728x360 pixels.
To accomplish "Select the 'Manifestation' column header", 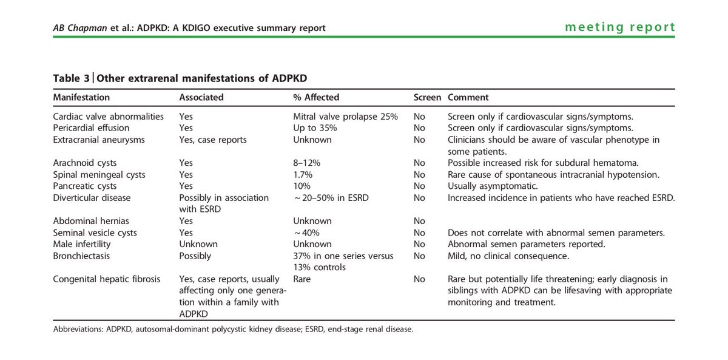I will click(x=81, y=97).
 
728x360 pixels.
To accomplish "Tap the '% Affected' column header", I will click(x=316, y=97).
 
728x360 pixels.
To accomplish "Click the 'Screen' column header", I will click(x=427, y=97).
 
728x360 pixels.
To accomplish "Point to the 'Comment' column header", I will click(x=468, y=97).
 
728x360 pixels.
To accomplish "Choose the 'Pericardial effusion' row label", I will click(x=91, y=128).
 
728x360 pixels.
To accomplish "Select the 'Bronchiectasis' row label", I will click(x=81, y=256).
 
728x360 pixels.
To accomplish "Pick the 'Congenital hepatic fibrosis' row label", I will click(x=106, y=279).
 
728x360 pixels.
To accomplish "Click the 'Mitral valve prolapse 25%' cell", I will click(x=345, y=117).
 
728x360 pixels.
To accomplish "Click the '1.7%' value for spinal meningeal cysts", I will click(x=303, y=174).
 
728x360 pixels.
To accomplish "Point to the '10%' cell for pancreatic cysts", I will click(x=302, y=186).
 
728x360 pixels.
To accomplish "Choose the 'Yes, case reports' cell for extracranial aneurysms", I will click(x=213, y=140).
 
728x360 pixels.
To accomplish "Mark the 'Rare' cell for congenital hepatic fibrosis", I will click(x=303, y=279).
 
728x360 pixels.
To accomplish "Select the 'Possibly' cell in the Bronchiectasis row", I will click(x=195, y=256).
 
